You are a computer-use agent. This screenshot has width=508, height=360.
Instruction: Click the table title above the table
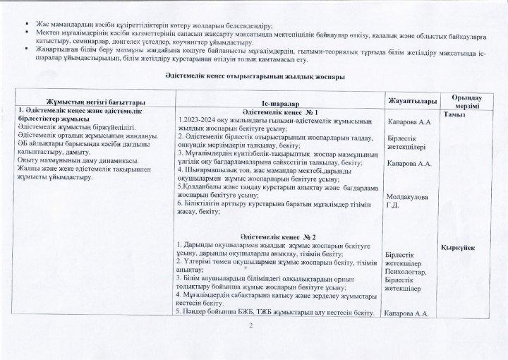click(254, 76)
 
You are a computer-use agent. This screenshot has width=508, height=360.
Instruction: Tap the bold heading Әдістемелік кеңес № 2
click(278, 236)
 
